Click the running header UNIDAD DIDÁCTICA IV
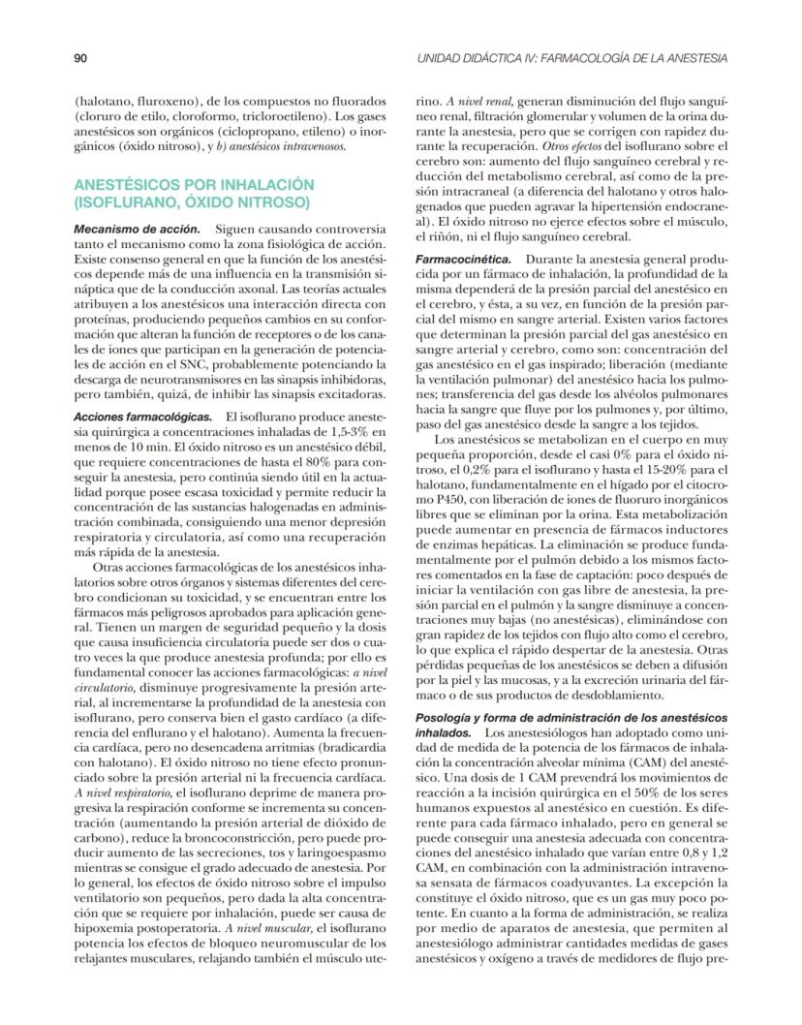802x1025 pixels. coord(571,58)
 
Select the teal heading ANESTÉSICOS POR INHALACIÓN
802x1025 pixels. coord(195,183)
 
